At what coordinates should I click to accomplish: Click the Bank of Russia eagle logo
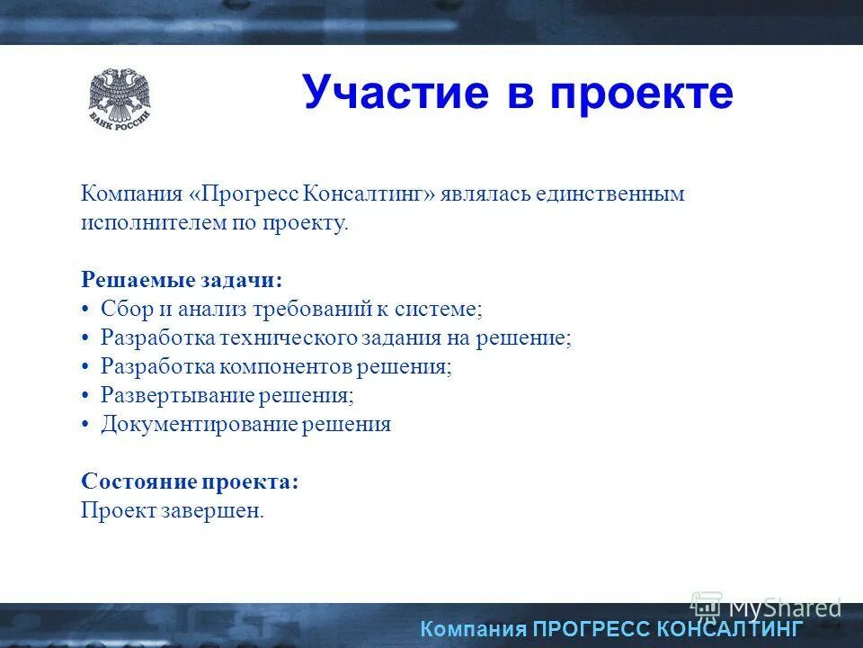120,97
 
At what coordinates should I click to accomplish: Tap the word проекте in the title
641,93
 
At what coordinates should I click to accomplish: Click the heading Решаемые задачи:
182,280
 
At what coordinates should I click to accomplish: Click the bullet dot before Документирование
85,425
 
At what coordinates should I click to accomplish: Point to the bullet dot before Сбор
85,310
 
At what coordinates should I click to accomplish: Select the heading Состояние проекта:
190,481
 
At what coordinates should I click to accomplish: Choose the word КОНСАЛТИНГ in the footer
729,628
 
